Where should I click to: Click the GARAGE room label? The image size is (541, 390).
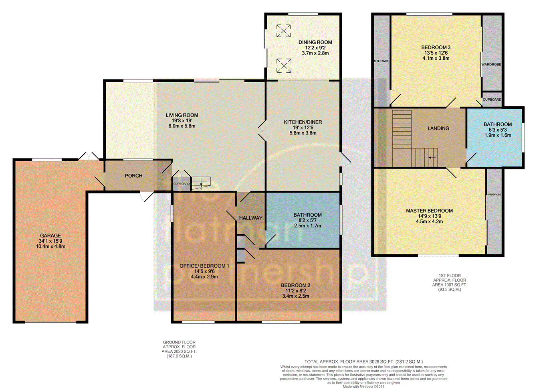(50, 236)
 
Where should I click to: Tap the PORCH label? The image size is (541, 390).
(133, 176)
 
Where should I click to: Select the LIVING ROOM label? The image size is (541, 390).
(182, 115)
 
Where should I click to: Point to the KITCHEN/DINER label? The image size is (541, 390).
(303, 122)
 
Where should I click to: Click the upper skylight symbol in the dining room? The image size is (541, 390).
(284, 31)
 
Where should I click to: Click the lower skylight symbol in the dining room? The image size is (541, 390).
(284, 65)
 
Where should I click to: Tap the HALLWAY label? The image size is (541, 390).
(251, 218)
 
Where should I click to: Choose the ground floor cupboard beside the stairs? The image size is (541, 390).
(182, 184)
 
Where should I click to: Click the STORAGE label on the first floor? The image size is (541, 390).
(382, 61)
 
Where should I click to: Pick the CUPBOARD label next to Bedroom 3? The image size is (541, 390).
(492, 100)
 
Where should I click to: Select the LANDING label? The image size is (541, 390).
(438, 128)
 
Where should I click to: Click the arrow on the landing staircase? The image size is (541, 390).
(432, 158)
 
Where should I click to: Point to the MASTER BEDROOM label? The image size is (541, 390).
(430, 211)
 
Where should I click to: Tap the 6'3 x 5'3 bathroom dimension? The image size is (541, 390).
(498, 130)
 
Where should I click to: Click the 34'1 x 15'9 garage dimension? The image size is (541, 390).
(50, 241)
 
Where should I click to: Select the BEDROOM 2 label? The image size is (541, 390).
(296, 286)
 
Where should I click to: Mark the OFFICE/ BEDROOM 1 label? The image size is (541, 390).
(204, 266)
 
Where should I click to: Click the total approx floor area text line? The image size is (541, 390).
(363, 362)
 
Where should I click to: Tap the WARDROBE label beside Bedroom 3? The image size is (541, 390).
(491, 65)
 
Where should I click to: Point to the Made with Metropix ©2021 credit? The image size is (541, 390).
(363, 387)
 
